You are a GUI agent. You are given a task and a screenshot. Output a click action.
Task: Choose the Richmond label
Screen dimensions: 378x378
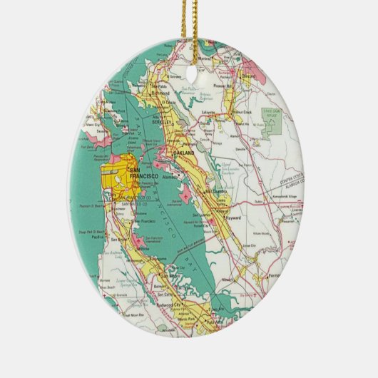pyautogui.click(x=160, y=93)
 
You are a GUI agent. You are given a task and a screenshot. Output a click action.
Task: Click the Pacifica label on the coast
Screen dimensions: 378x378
pyautogui.click(x=101, y=242)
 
